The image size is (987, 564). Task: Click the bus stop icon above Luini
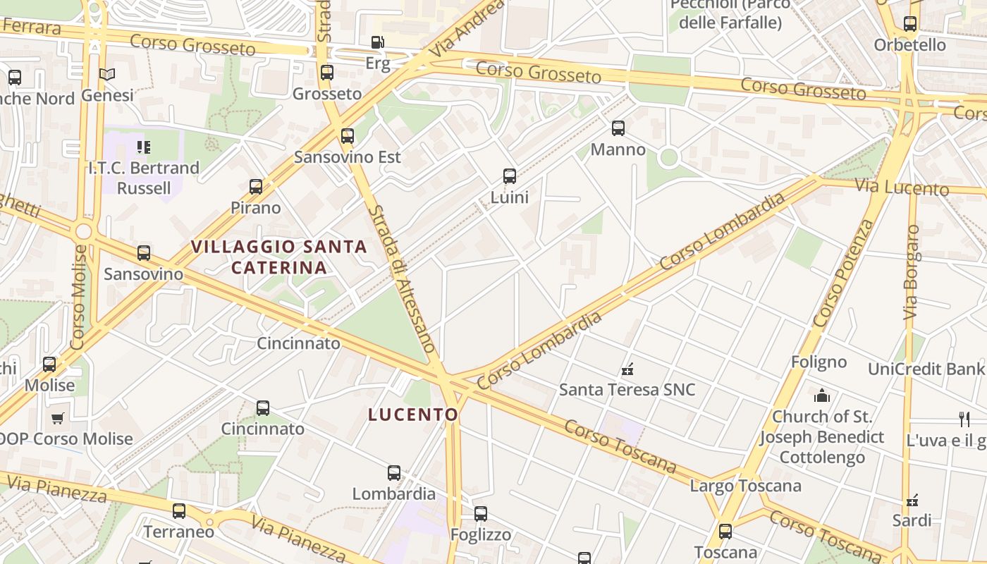[510, 176]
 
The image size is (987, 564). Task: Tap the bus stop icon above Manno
[618, 128]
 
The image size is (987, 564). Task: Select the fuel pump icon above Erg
[378, 42]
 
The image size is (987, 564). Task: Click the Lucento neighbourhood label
[413, 415]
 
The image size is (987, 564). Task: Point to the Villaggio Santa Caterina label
[279, 257]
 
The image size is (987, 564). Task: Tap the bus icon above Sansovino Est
[348, 136]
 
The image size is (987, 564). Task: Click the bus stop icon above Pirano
[256, 187]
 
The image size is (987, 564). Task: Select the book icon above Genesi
[107, 74]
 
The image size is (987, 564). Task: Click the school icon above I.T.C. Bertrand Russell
[144, 147]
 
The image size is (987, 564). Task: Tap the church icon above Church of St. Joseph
[822, 396]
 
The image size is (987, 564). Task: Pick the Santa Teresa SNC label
[627, 389]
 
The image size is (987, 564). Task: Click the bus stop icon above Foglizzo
[481, 514]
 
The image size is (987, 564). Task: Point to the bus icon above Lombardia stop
[394, 473]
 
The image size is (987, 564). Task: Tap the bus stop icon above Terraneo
[179, 511]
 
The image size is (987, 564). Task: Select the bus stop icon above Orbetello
[910, 24]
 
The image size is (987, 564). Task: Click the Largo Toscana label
[745, 486]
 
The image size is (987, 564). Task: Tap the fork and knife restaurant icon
[964, 419]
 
